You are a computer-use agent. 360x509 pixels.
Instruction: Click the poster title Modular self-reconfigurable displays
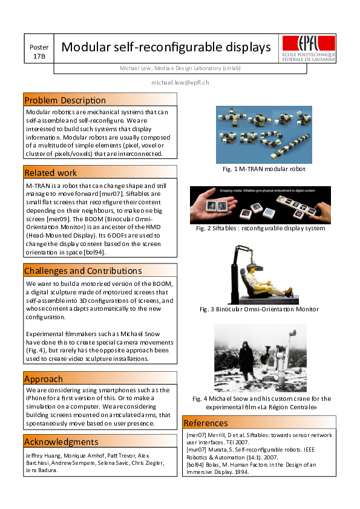(x=166, y=47)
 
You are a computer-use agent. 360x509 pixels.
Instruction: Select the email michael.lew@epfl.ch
(x=180, y=82)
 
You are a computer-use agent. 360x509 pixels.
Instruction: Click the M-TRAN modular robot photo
(x=264, y=134)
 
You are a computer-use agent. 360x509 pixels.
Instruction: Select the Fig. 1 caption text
(x=263, y=169)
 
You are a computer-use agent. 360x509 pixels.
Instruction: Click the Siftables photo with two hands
(x=260, y=205)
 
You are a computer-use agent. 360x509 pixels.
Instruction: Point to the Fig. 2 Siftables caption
(x=261, y=229)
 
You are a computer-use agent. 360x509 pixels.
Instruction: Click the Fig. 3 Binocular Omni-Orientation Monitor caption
(x=259, y=310)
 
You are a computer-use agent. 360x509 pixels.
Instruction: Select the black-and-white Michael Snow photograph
(x=260, y=358)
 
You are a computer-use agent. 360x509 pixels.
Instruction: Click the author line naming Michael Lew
(x=180, y=68)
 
